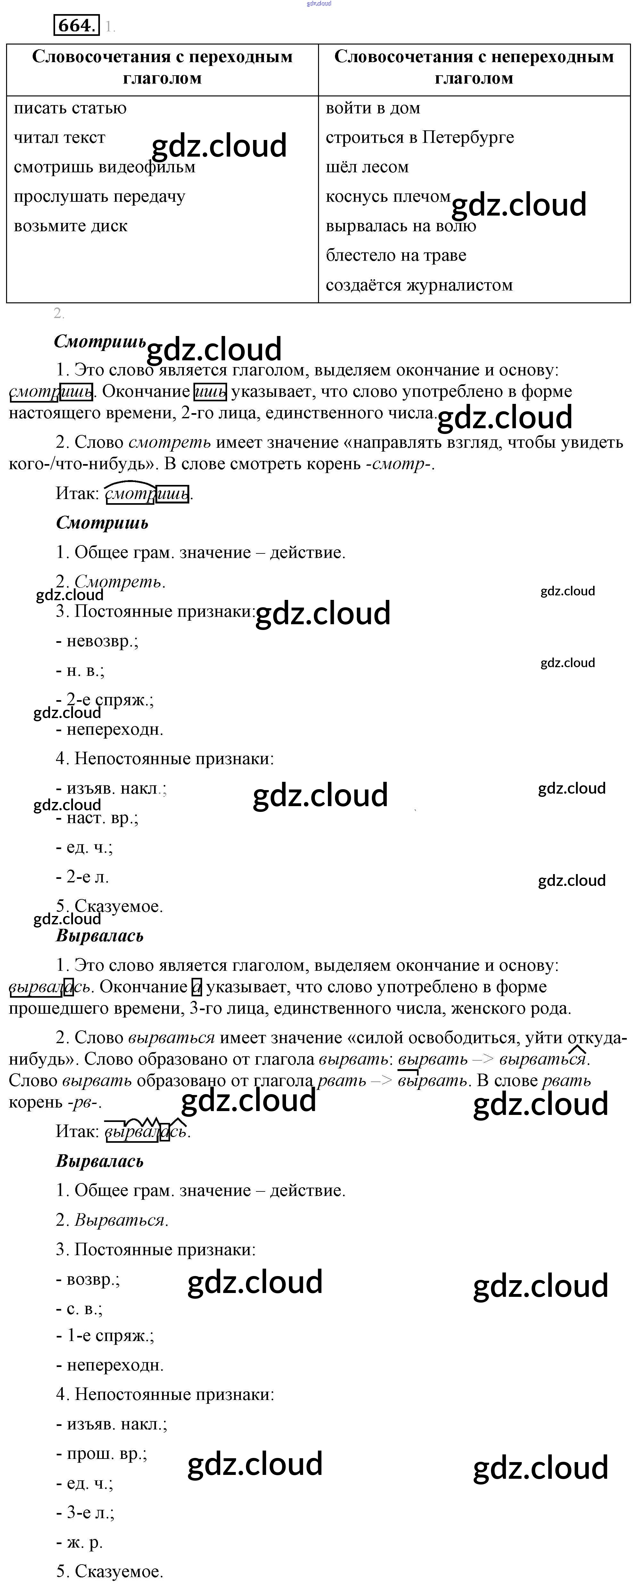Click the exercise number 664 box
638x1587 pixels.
pos(76,25)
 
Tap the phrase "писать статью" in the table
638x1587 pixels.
pos(70,109)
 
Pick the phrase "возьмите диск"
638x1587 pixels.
pos(71,226)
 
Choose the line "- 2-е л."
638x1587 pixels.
pos(83,877)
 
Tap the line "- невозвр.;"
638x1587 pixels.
pos(97,641)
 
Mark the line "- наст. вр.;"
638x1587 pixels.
pos(97,818)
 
